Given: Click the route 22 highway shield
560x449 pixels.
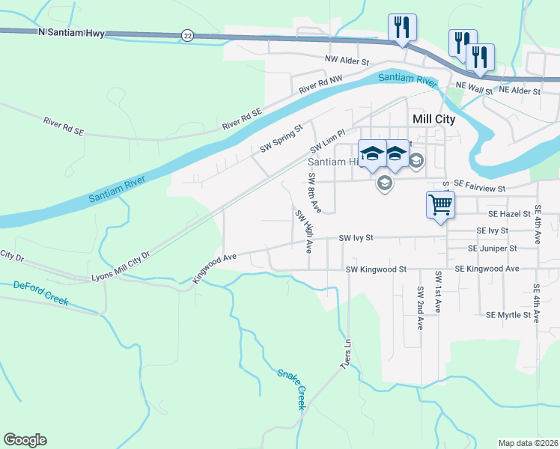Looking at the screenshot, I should (x=187, y=35).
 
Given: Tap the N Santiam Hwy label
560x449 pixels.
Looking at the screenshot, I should (x=70, y=33).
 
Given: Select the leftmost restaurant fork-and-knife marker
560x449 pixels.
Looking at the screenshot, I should (x=402, y=28).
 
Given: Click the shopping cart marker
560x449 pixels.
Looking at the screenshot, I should (x=440, y=204).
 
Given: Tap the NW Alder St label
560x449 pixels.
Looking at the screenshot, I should (x=347, y=58).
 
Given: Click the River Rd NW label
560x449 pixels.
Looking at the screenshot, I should (x=320, y=84).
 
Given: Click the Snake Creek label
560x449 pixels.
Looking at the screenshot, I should (x=291, y=388).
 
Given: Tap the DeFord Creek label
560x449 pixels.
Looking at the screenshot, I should (x=40, y=293).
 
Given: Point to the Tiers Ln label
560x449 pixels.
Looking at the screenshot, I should (x=346, y=355).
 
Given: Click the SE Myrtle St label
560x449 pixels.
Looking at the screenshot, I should (x=508, y=315).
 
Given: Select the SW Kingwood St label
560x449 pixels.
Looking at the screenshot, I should (x=375, y=269).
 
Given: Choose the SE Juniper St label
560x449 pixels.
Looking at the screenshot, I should (x=492, y=248).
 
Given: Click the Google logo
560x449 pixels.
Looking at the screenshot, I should (x=25, y=440).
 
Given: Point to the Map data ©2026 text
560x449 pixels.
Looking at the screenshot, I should (x=528, y=443).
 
